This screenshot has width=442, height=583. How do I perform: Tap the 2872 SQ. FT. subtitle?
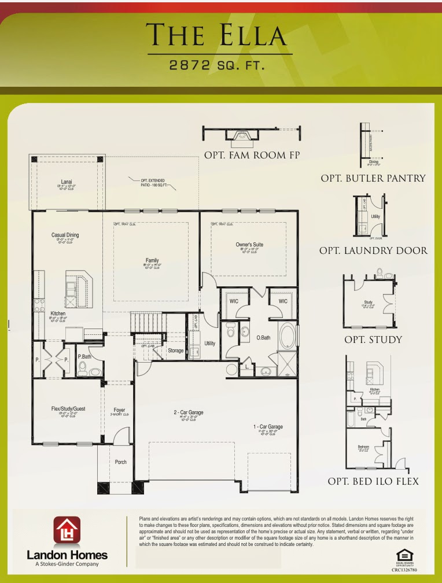coord(217,65)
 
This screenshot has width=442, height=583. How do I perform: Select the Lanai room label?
coord(67,181)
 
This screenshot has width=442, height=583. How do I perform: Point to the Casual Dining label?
coord(65,235)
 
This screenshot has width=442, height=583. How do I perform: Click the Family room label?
coord(152,260)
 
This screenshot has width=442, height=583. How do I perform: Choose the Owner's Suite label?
coord(249,245)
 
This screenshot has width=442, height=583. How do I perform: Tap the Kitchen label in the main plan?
coord(57,313)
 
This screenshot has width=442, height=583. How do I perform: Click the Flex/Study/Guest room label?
coord(68,408)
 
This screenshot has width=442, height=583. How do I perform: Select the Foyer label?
coord(120,410)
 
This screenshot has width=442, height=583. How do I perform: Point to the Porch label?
coord(120,462)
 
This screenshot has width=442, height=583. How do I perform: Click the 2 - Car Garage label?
coord(189,412)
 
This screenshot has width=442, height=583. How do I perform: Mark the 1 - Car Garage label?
coord(268,427)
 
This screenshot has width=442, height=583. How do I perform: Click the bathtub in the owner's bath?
coord(286,335)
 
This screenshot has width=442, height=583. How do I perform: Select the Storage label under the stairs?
coord(175,350)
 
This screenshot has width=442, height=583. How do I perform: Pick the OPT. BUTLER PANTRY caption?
coord(373,179)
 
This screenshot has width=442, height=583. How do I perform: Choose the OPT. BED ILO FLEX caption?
coord(373,481)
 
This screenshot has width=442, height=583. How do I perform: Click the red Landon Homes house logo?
coord(67,530)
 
